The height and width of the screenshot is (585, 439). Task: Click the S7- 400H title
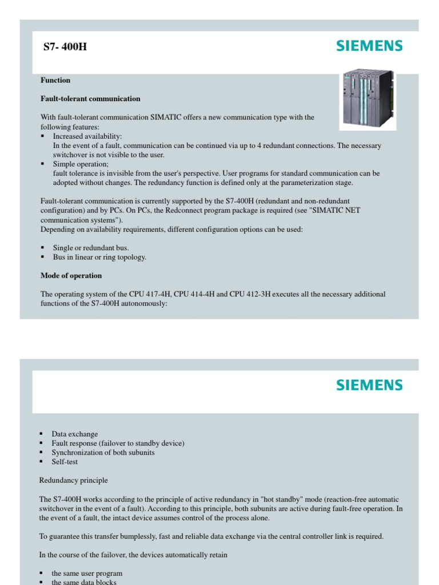(x=65, y=47)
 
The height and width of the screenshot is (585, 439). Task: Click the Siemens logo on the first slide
(x=369, y=46)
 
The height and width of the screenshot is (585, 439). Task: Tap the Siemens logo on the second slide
(x=369, y=385)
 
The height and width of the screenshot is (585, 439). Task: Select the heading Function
(x=55, y=81)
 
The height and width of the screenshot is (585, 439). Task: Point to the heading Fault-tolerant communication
(x=90, y=99)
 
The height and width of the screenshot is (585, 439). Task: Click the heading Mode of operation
(x=71, y=276)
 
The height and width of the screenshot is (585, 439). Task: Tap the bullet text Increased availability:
(x=87, y=137)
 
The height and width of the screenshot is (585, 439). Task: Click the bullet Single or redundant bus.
(x=91, y=248)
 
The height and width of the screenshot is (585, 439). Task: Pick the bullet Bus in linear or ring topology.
(x=99, y=257)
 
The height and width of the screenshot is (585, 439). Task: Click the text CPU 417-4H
(x=150, y=294)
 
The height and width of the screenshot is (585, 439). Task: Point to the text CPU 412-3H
(x=250, y=294)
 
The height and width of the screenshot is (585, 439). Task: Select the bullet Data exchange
(x=74, y=434)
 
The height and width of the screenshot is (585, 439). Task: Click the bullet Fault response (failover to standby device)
(x=118, y=443)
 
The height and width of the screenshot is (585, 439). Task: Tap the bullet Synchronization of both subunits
(x=103, y=452)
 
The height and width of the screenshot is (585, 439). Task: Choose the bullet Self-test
(x=65, y=462)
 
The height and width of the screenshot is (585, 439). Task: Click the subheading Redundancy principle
(x=73, y=480)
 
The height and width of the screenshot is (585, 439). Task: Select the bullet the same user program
(x=87, y=573)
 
